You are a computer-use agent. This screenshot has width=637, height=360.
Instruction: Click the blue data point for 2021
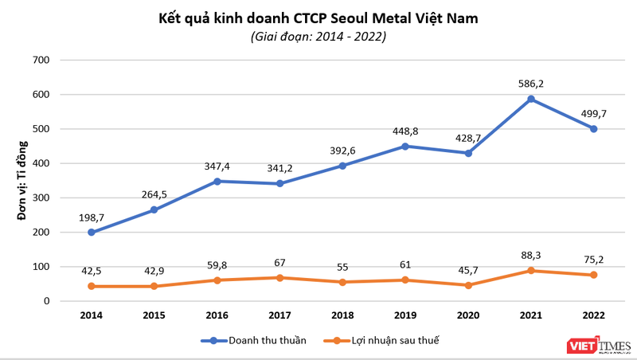click(x=530, y=100)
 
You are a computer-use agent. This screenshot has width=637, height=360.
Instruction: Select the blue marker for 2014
click(x=92, y=233)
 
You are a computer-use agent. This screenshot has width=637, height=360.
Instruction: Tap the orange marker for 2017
click(x=279, y=278)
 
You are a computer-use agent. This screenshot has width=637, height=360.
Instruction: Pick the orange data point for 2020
click(x=468, y=285)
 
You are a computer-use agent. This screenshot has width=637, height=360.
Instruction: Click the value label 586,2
click(x=530, y=83)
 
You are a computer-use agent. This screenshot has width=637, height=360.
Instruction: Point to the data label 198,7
click(x=92, y=216)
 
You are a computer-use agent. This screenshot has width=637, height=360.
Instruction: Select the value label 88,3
click(x=530, y=255)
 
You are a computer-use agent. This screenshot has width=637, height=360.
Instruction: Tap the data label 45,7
click(x=468, y=269)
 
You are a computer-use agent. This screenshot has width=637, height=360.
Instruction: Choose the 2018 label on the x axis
click(x=342, y=315)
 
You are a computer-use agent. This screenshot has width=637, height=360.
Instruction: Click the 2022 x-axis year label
click(x=593, y=315)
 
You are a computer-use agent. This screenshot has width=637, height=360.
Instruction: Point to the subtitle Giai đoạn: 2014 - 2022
click(x=318, y=37)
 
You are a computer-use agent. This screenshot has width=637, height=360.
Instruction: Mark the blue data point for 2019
click(x=405, y=147)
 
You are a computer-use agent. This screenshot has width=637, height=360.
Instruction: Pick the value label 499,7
click(x=593, y=113)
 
